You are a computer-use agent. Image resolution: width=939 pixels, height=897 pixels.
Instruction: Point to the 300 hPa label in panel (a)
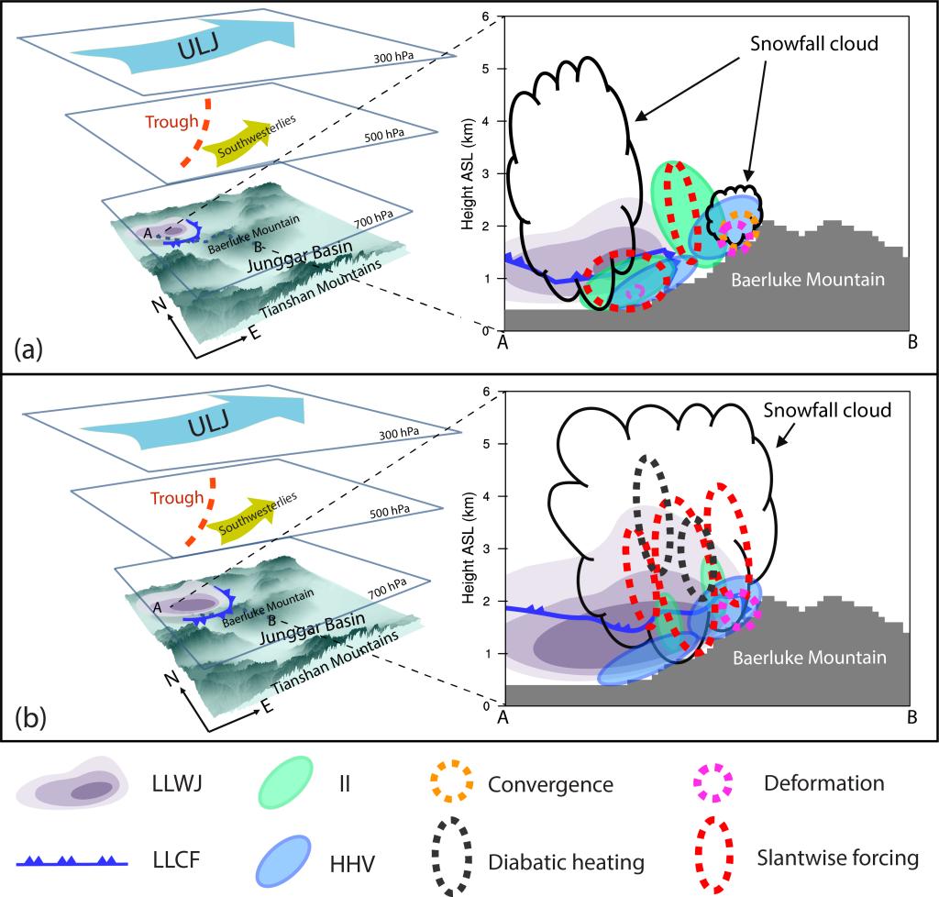tap(395, 58)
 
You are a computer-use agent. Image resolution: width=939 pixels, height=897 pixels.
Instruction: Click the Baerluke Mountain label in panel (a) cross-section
tap(808, 279)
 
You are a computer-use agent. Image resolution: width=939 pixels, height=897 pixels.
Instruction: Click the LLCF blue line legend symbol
tap(70, 861)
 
